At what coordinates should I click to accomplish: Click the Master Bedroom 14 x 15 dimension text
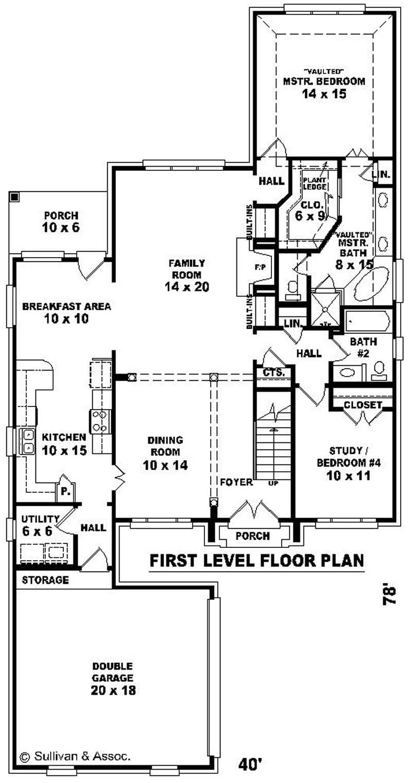(324, 95)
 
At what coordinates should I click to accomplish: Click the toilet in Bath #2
(379, 369)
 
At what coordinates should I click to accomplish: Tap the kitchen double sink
(27, 442)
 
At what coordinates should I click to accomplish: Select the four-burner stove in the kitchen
(100, 420)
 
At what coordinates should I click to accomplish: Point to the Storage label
(45, 580)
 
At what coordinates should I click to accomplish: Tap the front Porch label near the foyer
(252, 536)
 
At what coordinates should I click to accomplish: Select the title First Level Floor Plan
(256, 560)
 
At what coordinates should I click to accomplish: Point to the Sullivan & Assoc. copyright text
(75, 756)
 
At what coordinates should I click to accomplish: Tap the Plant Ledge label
(314, 183)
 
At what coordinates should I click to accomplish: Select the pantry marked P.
(66, 491)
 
